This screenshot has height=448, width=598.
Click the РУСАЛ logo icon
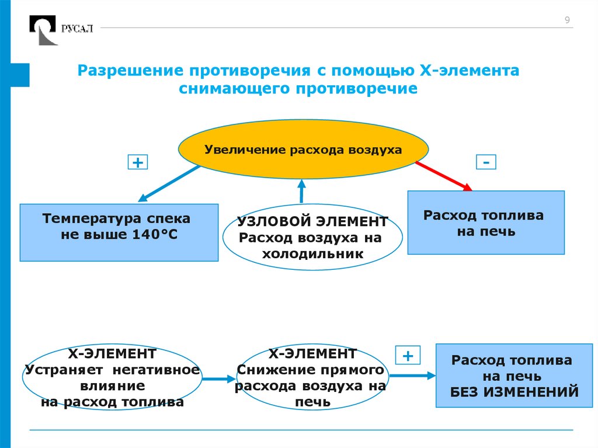coord(44,30)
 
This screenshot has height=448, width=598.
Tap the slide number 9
coord(566,21)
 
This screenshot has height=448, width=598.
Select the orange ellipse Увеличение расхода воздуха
coord(303,150)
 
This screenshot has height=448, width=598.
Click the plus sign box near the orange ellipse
coord(138,162)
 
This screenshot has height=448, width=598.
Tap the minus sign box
coord(486,162)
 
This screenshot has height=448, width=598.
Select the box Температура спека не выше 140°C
coord(119,232)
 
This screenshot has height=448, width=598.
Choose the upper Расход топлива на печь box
coord(486,223)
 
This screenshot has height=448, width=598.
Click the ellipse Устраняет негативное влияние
coord(112,378)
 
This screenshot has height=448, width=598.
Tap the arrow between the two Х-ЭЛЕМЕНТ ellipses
coord(217,379)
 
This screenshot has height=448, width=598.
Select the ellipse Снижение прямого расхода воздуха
coord(312,378)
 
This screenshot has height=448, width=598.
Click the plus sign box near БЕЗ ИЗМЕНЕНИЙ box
coord(408,355)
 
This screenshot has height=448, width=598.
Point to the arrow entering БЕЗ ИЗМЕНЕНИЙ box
coord(412,376)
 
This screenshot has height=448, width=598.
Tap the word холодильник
coord(312,253)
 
